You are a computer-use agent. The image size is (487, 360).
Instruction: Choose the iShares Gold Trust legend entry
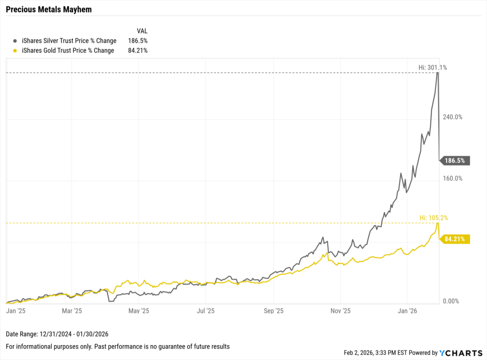(68, 50)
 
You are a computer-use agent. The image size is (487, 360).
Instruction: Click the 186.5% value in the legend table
(137, 41)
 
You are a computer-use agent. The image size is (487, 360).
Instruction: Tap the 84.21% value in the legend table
(137, 50)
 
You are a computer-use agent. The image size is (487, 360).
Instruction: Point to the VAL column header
(142, 31)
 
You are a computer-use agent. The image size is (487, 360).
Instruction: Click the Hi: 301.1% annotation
(432, 68)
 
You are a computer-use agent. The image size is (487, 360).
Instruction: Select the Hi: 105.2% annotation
(433, 218)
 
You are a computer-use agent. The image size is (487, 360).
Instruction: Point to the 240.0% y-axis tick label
(453, 117)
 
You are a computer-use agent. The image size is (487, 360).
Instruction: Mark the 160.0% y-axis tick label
(453, 179)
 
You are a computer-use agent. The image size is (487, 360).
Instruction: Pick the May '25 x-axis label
(139, 311)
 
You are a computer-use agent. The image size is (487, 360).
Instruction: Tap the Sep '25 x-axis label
(273, 311)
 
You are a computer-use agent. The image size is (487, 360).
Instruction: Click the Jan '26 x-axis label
(408, 311)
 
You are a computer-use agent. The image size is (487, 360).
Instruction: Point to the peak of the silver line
(438, 73)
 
